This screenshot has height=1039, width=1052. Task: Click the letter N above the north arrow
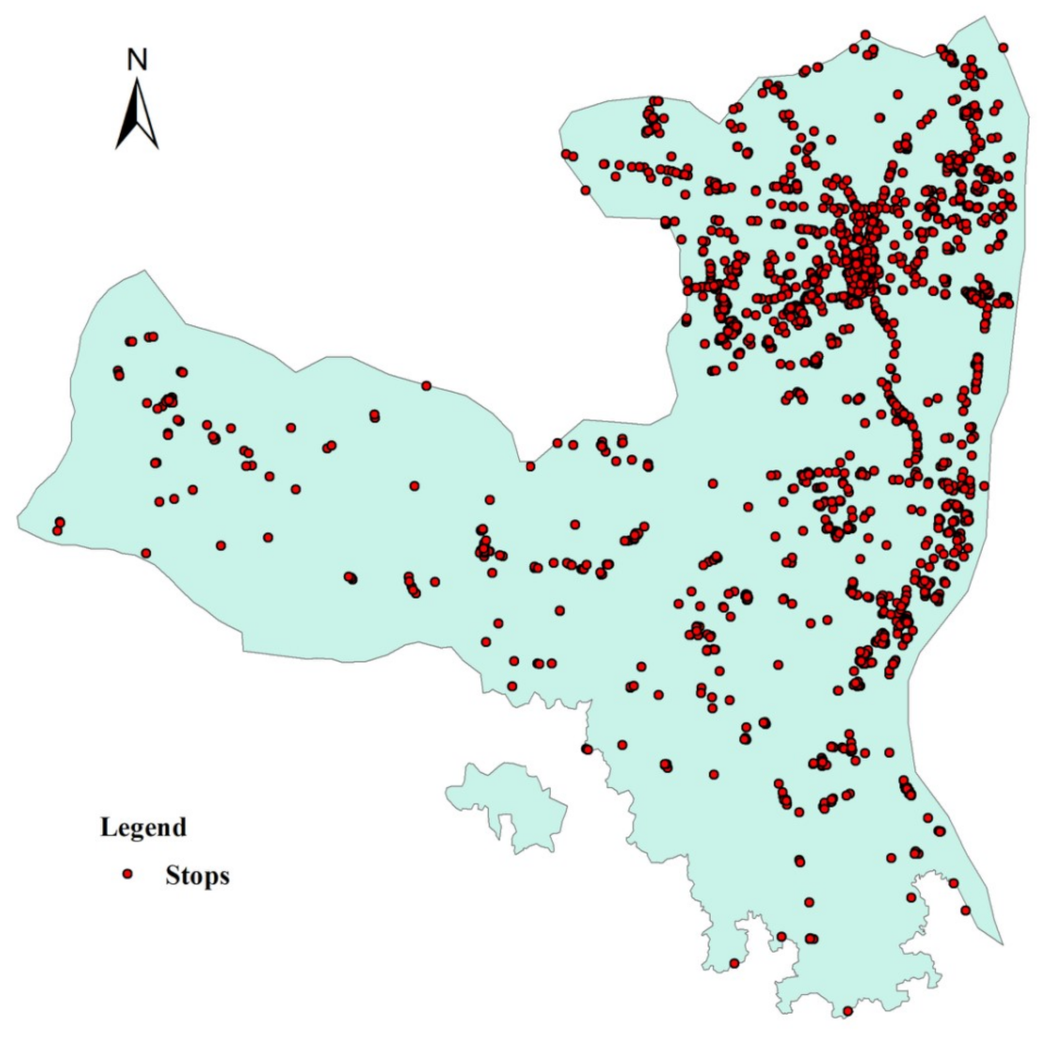[137, 60]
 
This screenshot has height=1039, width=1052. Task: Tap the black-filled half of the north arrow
[128, 122]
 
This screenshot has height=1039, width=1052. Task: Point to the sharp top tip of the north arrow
[137, 80]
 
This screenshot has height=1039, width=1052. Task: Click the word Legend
[143, 827]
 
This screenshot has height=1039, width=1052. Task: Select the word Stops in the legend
[197, 876]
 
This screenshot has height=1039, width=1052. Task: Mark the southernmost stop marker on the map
[848, 1011]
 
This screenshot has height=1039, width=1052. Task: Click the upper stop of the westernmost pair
[59, 522]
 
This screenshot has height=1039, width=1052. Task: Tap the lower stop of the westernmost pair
[57, 531]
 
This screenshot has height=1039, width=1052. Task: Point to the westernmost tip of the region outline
[18, 518]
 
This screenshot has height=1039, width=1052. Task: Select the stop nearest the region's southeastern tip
[966, 910]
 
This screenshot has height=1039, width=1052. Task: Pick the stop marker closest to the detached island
[587, 749]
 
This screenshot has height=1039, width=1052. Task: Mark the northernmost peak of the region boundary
[985, 17]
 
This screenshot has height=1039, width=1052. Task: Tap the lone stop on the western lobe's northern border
[426, 385]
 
